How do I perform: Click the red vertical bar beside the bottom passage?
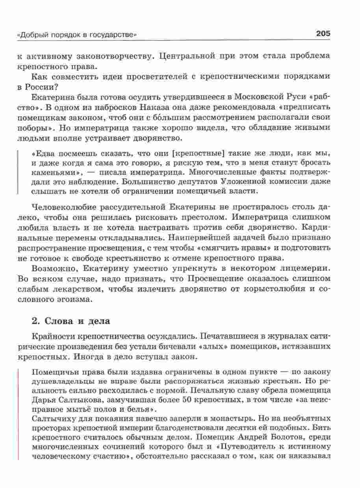(x=19, y=414)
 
